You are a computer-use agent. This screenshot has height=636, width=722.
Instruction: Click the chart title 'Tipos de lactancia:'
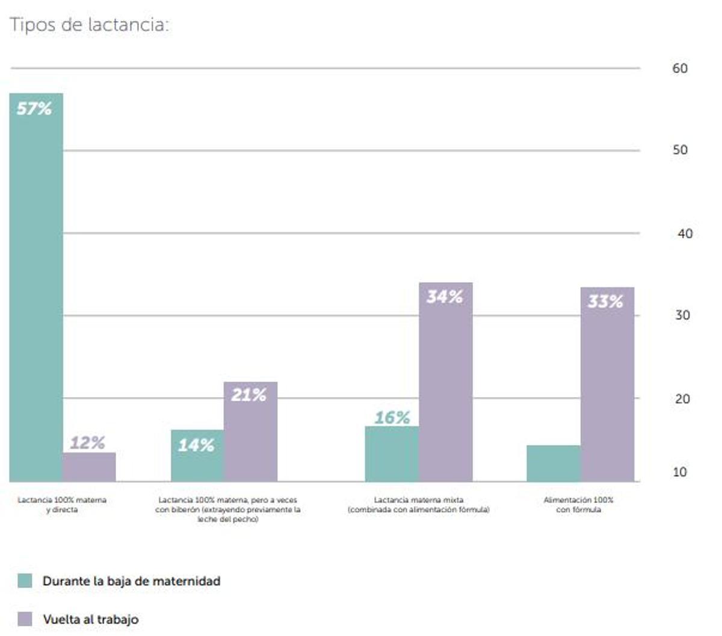[89, 25]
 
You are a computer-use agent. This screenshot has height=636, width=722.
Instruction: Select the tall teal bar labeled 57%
[36, 289]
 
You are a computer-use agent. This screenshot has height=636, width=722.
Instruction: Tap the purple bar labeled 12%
[89, 467]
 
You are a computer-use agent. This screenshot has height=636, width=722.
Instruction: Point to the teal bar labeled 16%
[392, 454]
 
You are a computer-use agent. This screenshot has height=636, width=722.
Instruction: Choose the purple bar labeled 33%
[607, 384]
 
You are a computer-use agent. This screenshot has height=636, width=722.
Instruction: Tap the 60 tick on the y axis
[680, 69]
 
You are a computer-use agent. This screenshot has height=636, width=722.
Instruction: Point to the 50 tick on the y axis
[680, 150]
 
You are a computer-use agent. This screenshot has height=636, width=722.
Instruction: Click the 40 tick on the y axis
[685, 233]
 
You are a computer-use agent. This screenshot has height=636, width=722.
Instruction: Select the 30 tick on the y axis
[682, 315]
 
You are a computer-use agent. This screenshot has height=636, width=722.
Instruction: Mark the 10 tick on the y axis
[680, 472]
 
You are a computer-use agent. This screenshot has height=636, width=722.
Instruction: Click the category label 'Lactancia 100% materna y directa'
[62, 505]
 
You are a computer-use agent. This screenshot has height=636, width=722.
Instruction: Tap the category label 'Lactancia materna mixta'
[419, 505]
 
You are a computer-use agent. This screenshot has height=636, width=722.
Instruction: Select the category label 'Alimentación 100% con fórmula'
[578, 505]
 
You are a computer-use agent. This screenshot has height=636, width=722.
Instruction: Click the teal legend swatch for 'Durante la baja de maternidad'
[25, 581]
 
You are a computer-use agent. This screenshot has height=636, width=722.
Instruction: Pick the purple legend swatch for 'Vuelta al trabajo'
[25, 619]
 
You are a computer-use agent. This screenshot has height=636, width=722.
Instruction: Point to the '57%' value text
[34, 109]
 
